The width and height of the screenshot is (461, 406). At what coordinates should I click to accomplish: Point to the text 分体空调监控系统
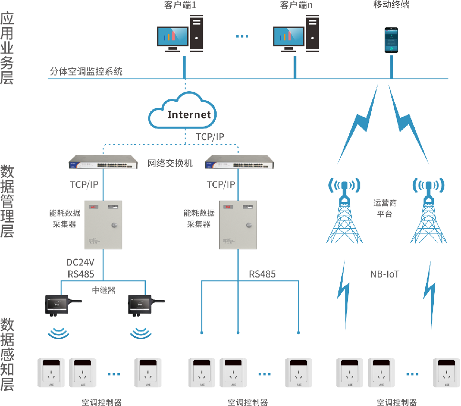click(86, 72)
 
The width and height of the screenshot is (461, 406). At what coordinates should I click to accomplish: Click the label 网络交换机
click(170, 164)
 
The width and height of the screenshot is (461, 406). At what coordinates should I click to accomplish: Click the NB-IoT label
click(384, 274)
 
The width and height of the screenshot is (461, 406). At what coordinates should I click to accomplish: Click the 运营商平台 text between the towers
click(384, 208)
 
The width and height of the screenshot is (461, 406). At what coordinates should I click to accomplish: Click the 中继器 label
click(104, 290)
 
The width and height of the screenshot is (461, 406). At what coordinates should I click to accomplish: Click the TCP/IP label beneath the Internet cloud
click(210, 137)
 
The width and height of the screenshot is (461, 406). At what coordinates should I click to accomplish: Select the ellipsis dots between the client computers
click(243, 36)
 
